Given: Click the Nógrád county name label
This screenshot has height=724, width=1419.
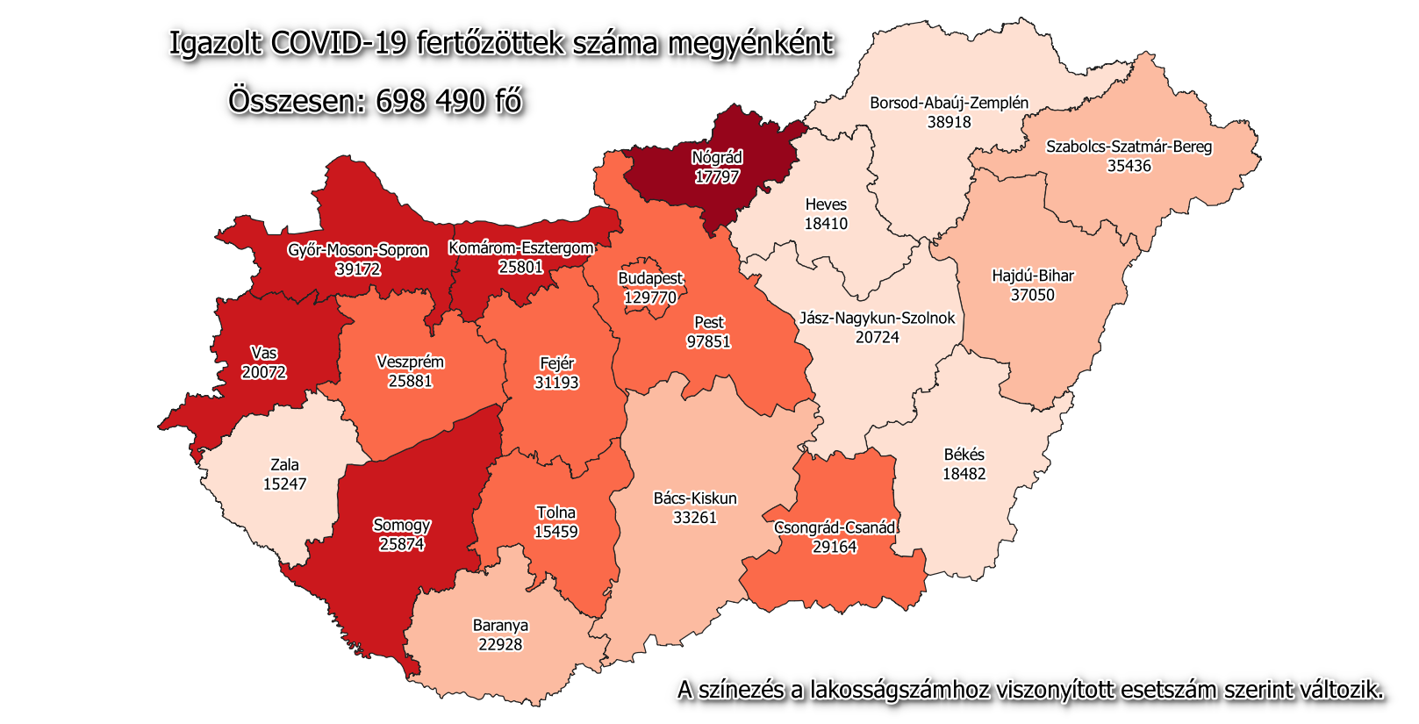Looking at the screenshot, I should pyautogui.click(x=717, y=158).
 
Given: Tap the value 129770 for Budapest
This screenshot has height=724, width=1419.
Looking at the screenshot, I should pyautogui.click(x=650, y=297).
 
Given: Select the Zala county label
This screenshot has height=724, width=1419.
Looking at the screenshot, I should pyautogui.click(x=284, y=465).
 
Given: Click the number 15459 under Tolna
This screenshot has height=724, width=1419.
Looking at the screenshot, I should pyautogui.click(x=555, y=532).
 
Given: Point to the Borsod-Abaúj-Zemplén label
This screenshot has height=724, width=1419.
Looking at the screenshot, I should pyautogui.click(x=949, y=103).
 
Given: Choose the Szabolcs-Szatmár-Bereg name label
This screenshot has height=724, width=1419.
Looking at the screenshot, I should pyautogui.click(x=1129, y=147).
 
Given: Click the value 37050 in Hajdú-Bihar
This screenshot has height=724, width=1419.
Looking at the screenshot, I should pyautogui.click(x=1032, y=295).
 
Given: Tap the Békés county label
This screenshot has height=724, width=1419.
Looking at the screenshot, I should pyautogui.click(x=964, y=455).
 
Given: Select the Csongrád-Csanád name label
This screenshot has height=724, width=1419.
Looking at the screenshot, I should pyautogui.click(x=835, y=527).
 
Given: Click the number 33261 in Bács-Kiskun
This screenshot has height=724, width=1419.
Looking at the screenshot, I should pyautogui.click(x=695, y=518).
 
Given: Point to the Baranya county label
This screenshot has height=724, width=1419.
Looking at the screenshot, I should pyautogui.click(x=500, y=626).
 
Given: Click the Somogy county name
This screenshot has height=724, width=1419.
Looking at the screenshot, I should pyautogui.click(x=402, y=525).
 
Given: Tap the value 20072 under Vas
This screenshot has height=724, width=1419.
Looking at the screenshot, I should pyautogui.click(x=264, y=372).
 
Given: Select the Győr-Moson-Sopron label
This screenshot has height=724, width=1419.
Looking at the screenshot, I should pyautogui.click(x=358, y=250).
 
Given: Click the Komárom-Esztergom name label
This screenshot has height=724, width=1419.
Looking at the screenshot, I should pyautogui.click(x=521, y=248).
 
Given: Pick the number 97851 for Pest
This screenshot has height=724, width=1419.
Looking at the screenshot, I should pyautogui.click(x=708, y=341).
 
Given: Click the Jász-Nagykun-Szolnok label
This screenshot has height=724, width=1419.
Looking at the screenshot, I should pyautogui.click(x=877, y=318).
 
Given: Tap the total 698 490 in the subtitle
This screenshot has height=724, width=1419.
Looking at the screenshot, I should pyautogui.click(x=431, y=101).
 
